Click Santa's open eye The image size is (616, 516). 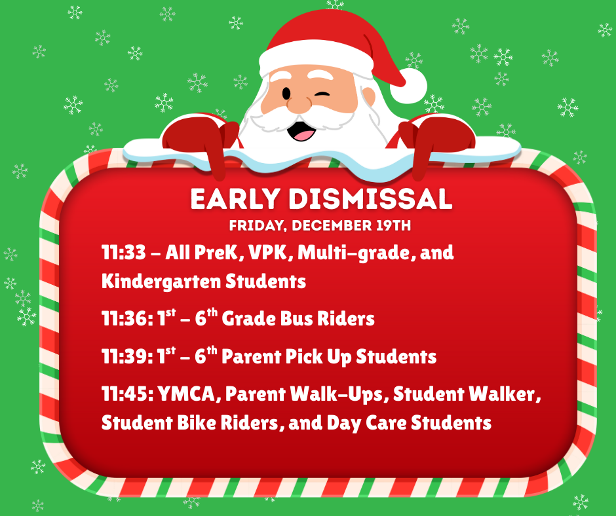point(286,92)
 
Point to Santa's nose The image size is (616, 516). point(301,103)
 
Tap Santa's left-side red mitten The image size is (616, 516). point(193,138)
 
